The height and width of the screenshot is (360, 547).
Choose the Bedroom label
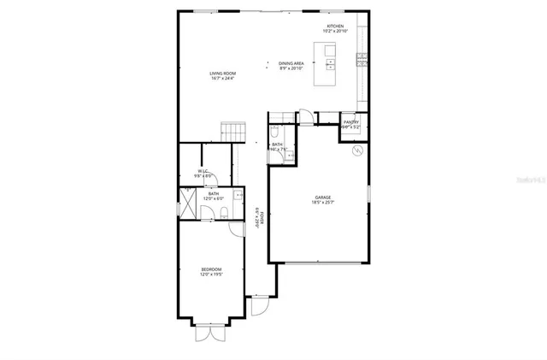click(210, 272)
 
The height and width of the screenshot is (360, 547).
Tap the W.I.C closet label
click(203, 173)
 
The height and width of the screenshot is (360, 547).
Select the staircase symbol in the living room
click(232, 132)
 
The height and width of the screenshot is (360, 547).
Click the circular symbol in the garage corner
click(357, 150)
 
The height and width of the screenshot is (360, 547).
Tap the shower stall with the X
click(188, 205)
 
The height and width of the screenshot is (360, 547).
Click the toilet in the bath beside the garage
click(274, 133)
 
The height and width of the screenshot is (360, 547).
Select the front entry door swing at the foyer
click(261, 305)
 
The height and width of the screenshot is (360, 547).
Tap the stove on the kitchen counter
click(362, 59)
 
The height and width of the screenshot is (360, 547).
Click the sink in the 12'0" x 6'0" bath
click(238, 195)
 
